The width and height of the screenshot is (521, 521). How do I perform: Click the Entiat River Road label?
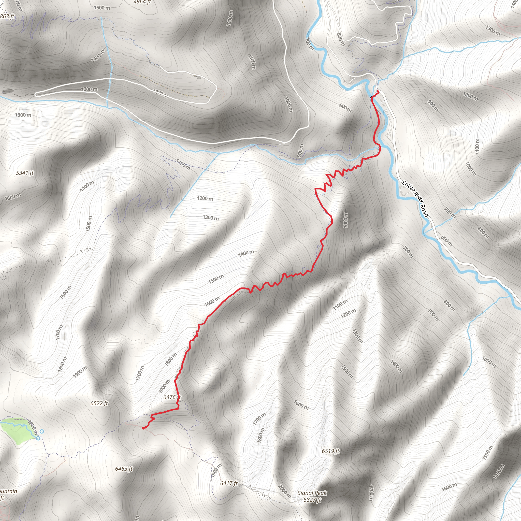(415, 199)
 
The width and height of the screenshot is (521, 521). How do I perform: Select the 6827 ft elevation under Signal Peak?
(312, 500)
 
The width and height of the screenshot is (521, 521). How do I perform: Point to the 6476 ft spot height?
(172, 397)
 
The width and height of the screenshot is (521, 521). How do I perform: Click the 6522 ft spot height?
(99, 403)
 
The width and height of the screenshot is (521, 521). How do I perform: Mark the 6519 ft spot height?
(331, 451)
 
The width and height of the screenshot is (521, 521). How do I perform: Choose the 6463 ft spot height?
(124, 469)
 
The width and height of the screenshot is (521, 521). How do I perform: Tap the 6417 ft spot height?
(229, 483)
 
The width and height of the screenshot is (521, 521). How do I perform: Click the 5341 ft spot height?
(25, 173)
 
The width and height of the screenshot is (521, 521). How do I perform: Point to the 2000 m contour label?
(284, 491)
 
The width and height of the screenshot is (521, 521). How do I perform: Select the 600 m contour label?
(446, 241)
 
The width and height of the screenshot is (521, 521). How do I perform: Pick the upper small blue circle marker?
(42, 431)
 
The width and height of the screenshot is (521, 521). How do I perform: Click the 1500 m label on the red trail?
(216, 279)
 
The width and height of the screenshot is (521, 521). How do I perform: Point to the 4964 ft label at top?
(142, 2)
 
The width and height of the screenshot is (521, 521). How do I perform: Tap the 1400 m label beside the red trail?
(246, 253)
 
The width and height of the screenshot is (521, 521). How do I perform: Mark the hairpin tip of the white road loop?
(36, 94)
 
